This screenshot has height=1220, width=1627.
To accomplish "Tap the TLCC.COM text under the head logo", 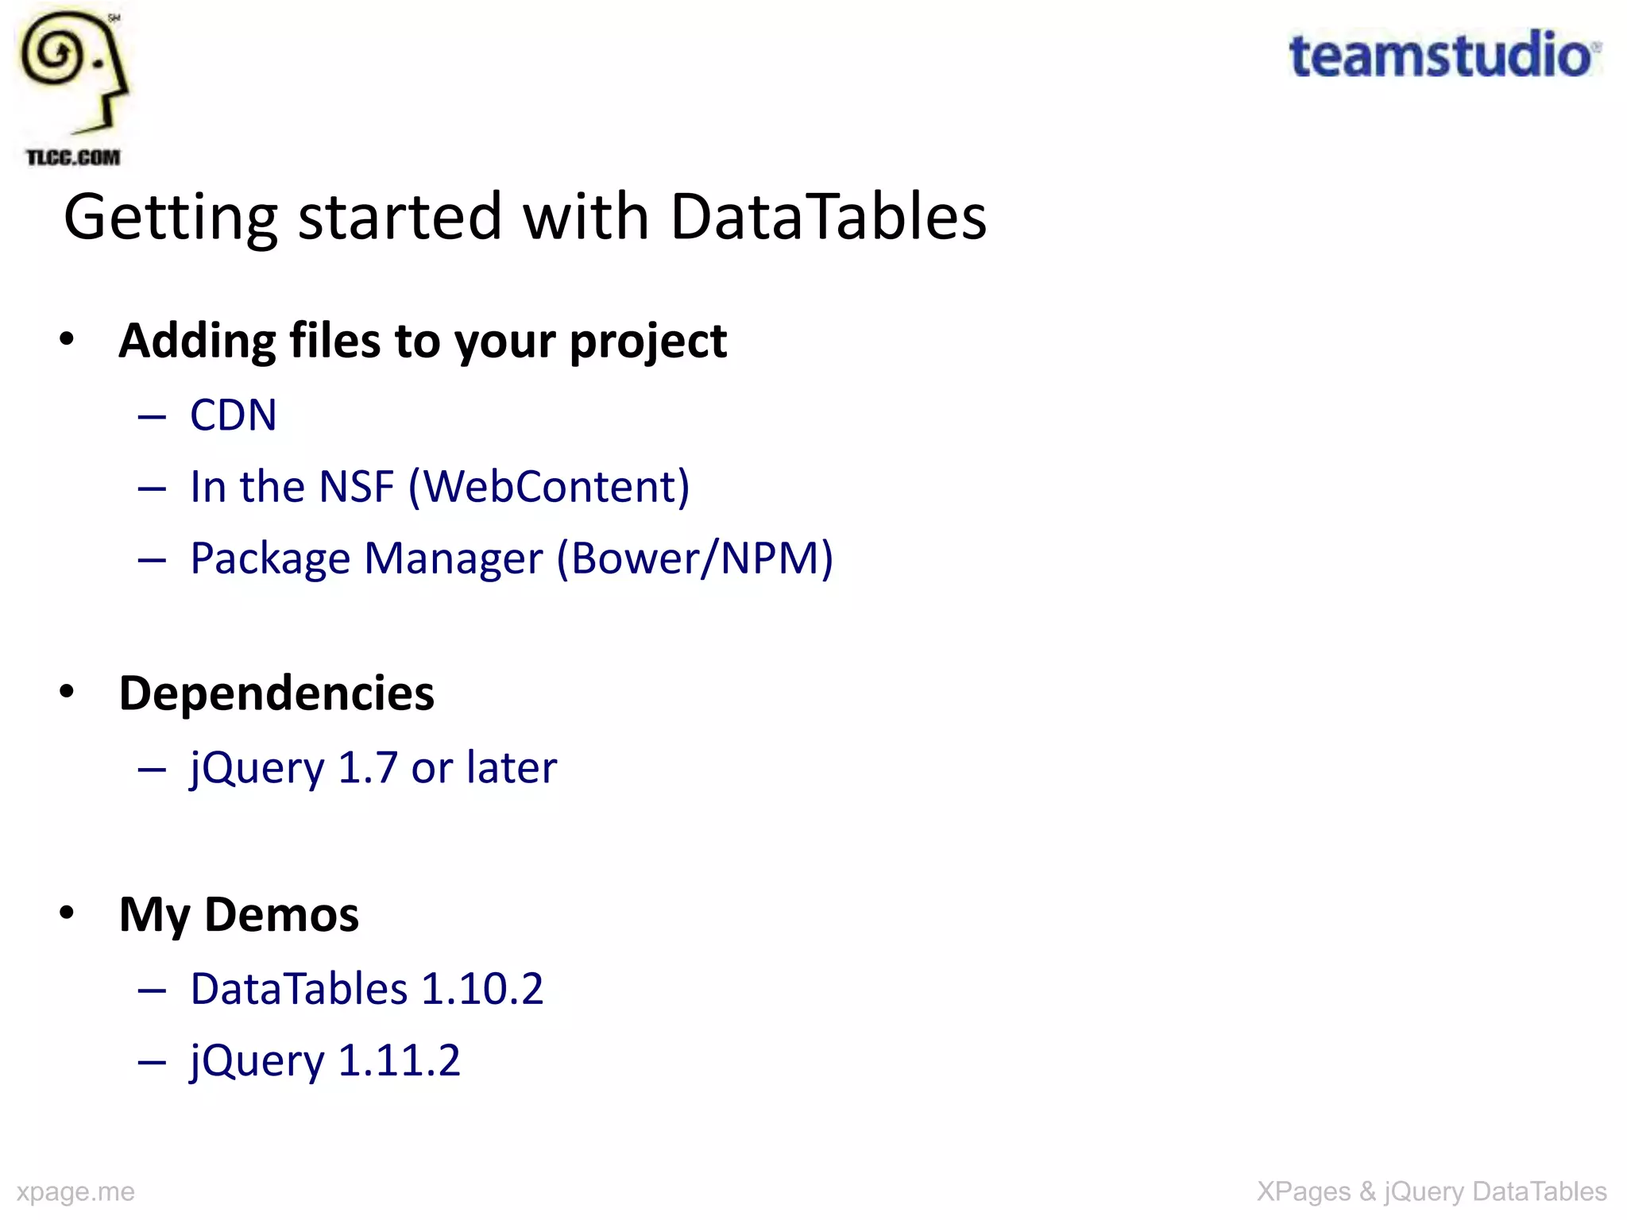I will (x=73, y=157).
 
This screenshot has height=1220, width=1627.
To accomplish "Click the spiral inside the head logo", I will (x=52, y=55).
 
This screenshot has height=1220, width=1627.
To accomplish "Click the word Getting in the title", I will (x=170, y=218).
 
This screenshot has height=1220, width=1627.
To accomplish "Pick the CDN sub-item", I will (x=233, y=415).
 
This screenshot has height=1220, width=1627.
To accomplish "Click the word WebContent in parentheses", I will (x=548, y=486).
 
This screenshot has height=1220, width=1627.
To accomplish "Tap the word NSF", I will (x=356, y=486).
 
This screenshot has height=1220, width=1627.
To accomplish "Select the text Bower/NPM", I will (x=694, y=558).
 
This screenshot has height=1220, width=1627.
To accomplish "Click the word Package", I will (x=270, y=559).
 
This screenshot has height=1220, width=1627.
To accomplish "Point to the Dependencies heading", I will (x=276, y=693).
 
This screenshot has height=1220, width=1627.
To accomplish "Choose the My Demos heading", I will (x=238, y=913).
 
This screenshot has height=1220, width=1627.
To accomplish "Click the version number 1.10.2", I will (x=482, y=989).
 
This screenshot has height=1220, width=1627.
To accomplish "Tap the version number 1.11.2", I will (x=399, y=1060).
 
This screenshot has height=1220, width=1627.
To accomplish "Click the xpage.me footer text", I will (x=75, y=1191).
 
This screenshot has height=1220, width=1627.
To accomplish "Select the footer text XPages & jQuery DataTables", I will (x=1432, y=1191).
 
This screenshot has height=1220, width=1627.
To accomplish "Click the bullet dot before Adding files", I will (x=67, y=339).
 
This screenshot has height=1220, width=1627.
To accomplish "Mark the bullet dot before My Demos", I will (x=67, y=913).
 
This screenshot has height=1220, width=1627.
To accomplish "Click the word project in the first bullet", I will (x=647, y=342).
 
